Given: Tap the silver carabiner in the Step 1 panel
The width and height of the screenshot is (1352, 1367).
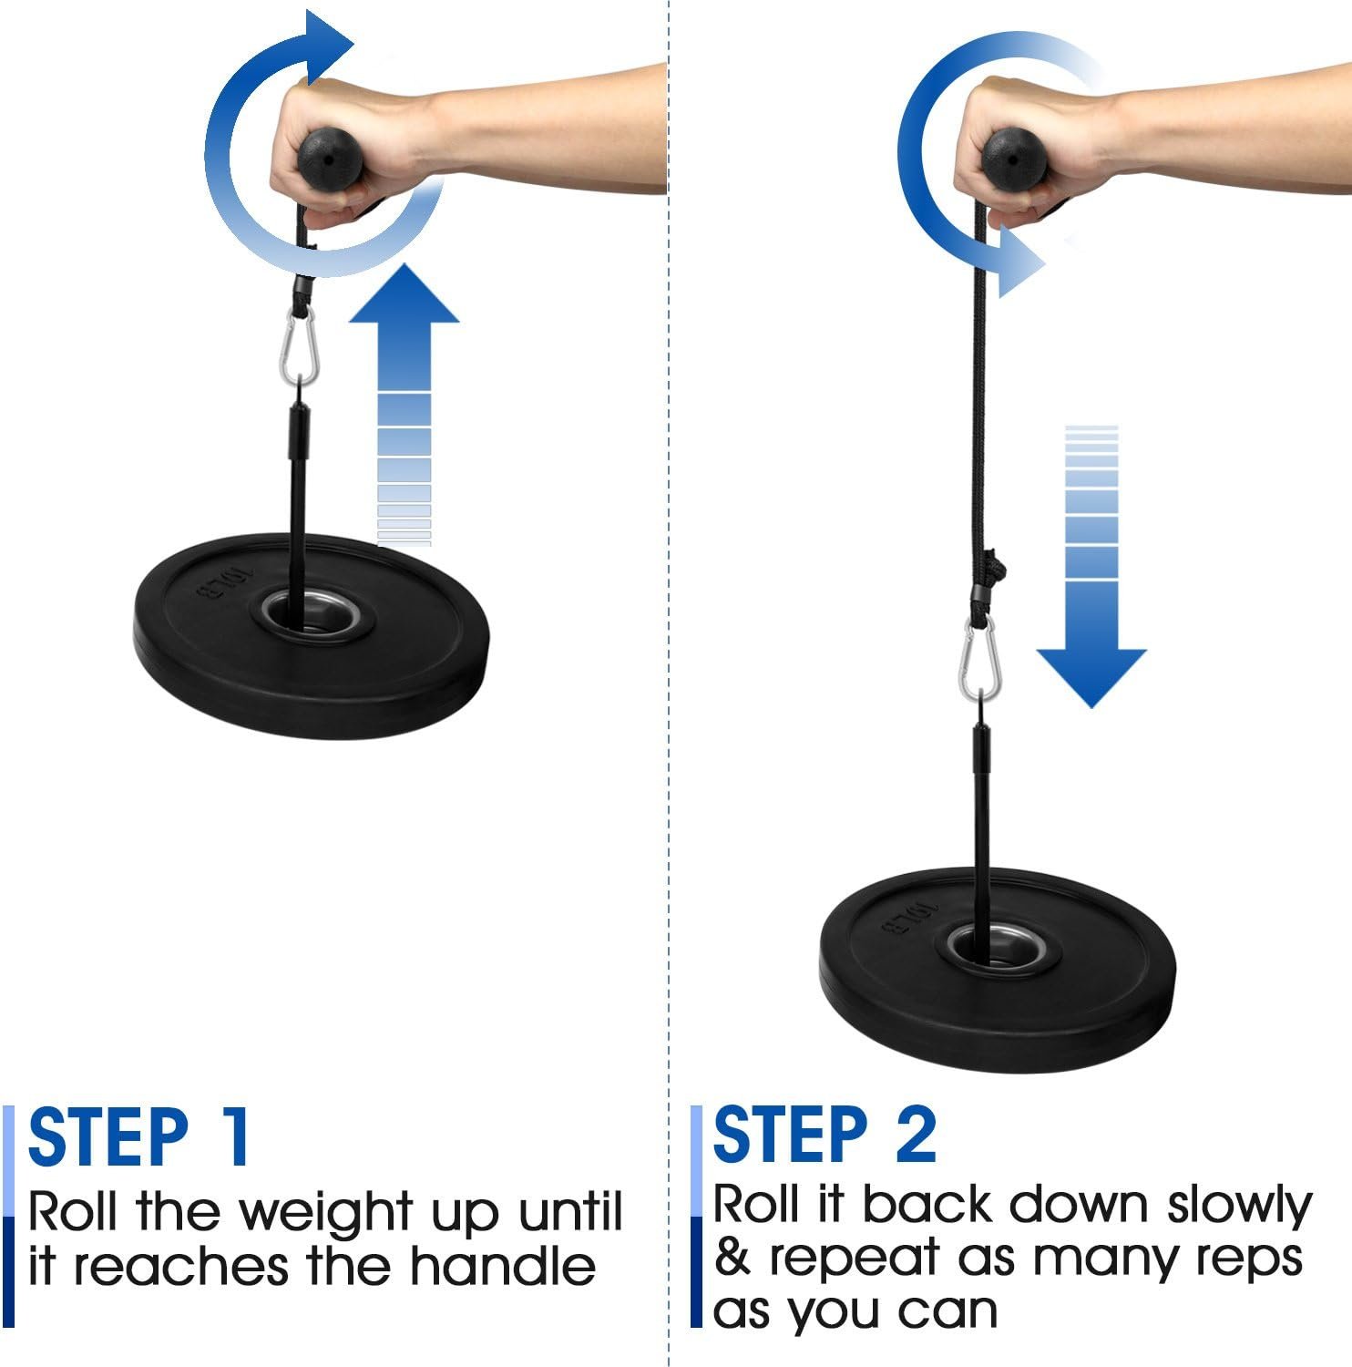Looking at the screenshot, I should (299, 345).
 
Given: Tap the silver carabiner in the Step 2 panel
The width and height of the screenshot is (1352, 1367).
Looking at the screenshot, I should (979, 657).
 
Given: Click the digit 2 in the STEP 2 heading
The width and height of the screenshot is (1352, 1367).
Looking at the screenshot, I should (915, 1136).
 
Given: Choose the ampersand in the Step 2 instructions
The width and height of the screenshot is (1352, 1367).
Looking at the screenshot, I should (732, 1258).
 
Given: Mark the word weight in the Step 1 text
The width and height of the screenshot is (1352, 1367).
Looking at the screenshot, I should (327, 1214).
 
